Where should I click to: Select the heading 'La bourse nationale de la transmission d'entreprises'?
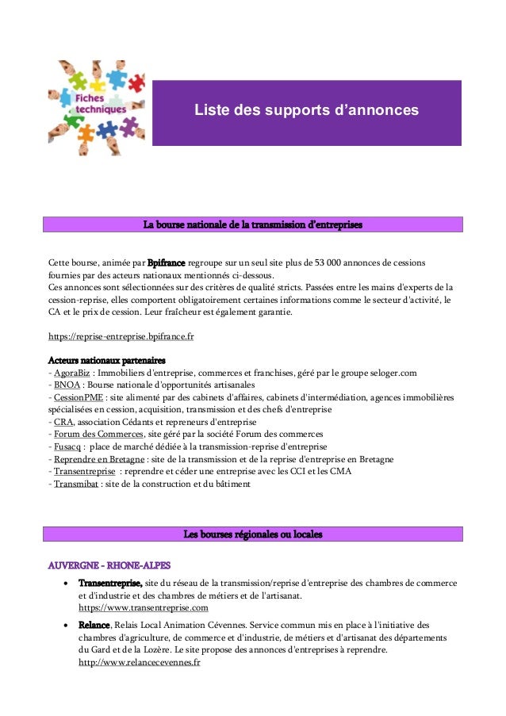pyautogui.click(x=252, y=225)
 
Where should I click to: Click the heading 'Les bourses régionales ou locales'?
pyautogui.click(x=252, y=534)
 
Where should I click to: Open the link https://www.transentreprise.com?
pyautogui.click(x=144, y=608)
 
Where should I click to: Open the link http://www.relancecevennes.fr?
pyautogui.click(x=140, y=663)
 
